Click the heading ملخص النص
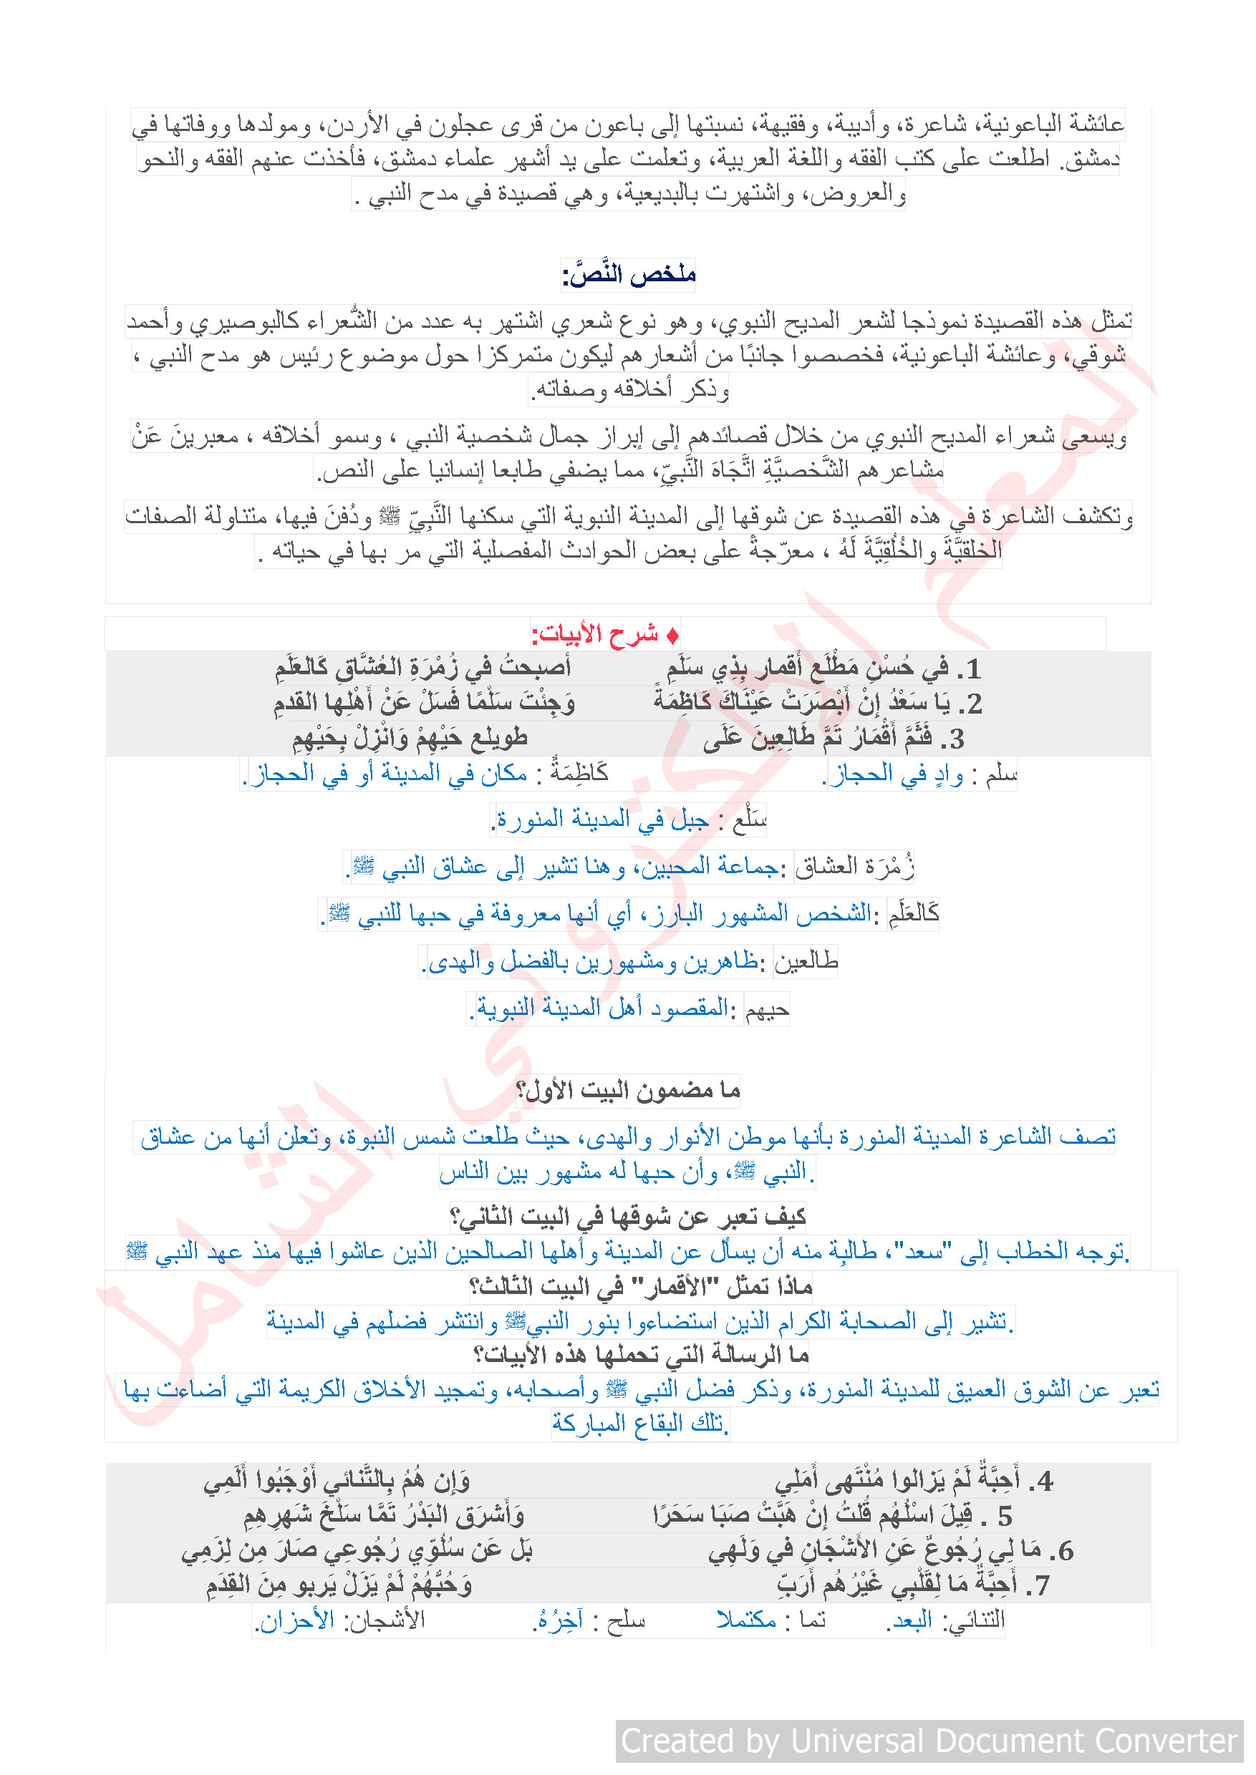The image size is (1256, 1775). (x=628, y=274)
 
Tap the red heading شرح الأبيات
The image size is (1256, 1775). (x=605, y=635)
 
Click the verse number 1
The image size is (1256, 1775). (x=972, y=669)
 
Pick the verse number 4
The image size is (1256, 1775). (x=1044, y=1482)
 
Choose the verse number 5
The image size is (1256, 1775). (x=1004, y=1516)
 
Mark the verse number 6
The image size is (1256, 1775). (x=1065, y=1551)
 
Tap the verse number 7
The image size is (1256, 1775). (x=1041, y=1585)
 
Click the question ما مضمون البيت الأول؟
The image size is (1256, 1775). (x=628, y=1091)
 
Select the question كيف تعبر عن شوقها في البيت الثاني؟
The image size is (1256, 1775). (x=628, y=1217)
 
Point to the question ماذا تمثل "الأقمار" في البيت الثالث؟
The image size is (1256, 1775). (x=640, y=1287)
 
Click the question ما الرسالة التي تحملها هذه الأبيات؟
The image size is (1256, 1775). (x=641, y=1355)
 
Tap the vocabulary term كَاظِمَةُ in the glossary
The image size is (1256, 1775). (x=579, y=773)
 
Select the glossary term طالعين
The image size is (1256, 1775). (x=806, y=962)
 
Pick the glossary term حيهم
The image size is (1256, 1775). (x=766, y=1010)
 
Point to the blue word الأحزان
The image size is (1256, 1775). (x=296, y=1620)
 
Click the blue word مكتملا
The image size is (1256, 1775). (x=746, y=1620)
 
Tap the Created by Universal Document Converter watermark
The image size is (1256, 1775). (x=929, y=1741)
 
